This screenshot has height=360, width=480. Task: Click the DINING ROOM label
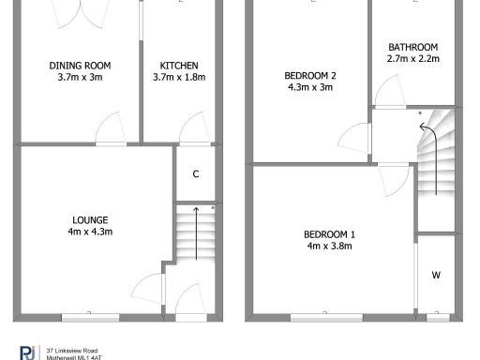(x=80, y=65)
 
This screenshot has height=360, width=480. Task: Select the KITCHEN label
(x=178, y=65)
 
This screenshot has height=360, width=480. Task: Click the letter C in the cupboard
(x=195, y=173)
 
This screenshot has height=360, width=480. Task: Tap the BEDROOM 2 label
(x=309, y=76)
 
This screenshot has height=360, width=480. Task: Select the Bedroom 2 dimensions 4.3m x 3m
(x=309, y=87)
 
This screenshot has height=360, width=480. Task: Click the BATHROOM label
(x=412, y=48)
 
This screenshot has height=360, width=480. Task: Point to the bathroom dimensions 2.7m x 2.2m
(x=412, y=59)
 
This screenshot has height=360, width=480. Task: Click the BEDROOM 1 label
(x=328, y=234)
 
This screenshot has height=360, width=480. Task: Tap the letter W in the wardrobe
(x=436, y=275)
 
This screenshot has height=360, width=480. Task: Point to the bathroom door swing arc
(x=384, y=89)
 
